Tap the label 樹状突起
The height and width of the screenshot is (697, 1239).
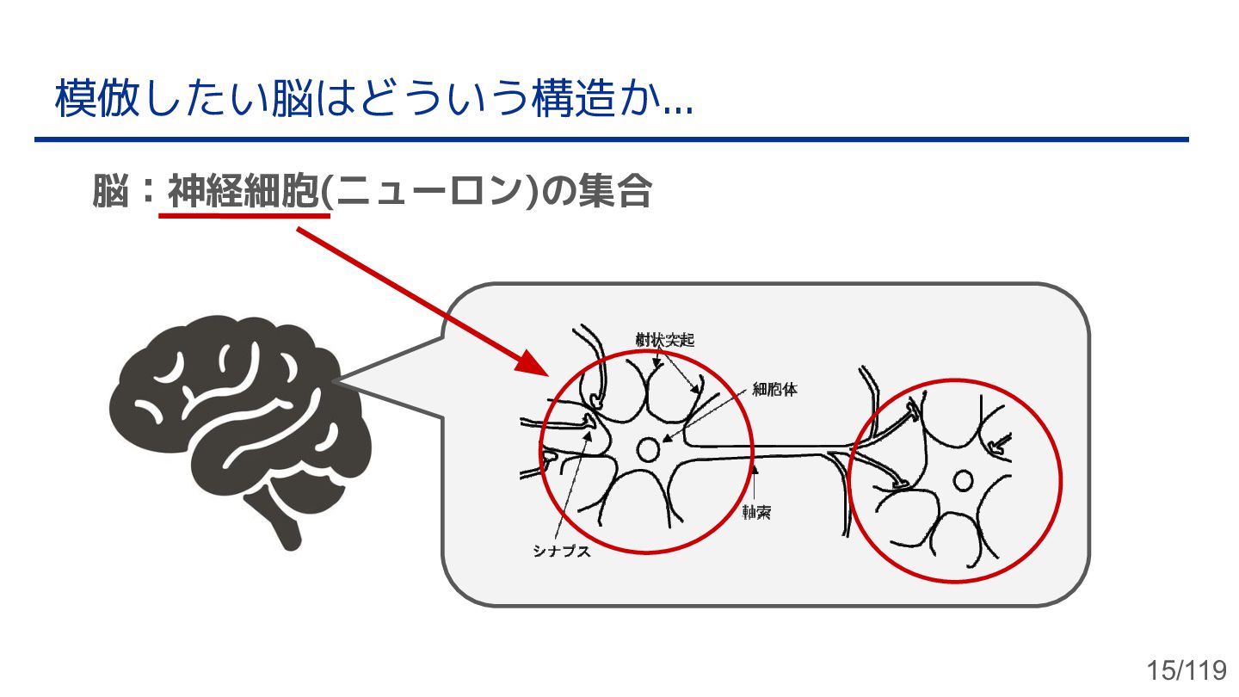coord(664,340)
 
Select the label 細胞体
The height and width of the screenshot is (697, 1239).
coord(774,390)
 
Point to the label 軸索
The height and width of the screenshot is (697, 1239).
coord(756,513)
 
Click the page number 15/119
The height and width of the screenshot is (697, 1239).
coord(1187,670)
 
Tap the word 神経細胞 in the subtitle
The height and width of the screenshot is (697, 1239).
coord(243,192)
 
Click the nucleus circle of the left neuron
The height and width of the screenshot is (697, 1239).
coord(648,449)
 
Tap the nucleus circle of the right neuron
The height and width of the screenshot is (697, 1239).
coord(963,480)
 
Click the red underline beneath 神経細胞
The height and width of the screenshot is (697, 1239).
coord(244,215)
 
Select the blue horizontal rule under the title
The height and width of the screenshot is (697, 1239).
coord(611,139)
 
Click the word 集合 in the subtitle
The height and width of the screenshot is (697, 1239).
coord(614,192)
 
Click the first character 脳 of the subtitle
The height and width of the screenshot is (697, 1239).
coord(110,192)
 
